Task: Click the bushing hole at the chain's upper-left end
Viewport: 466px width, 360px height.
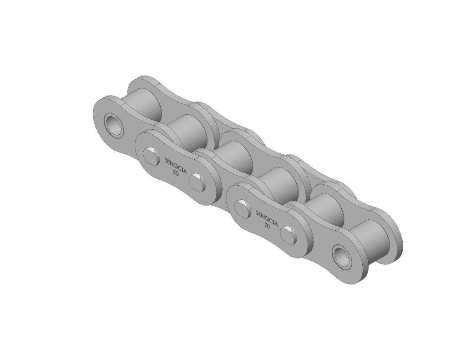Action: (x=112, y=124)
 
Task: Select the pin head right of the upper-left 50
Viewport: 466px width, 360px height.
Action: (x=196, y=182)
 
